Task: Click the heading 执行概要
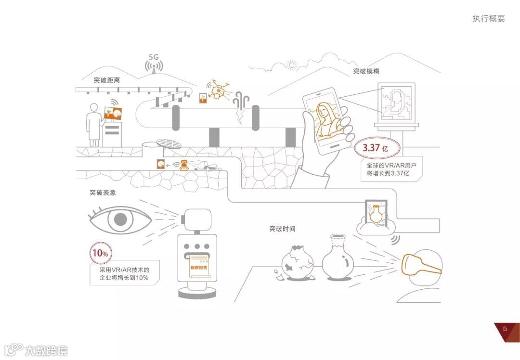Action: [489, 19]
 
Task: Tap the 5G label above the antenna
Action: [154, 57]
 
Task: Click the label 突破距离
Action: [107, 80]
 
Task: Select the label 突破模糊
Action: [366, 71]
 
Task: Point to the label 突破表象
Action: [103, 193]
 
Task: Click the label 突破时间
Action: [282, 229]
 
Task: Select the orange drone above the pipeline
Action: [219, 90]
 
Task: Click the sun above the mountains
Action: [291, 65]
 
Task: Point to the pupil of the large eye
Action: [120, 220]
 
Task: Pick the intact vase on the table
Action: [338, 258]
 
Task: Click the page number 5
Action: [505, 329]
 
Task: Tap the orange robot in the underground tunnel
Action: [184, 165]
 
